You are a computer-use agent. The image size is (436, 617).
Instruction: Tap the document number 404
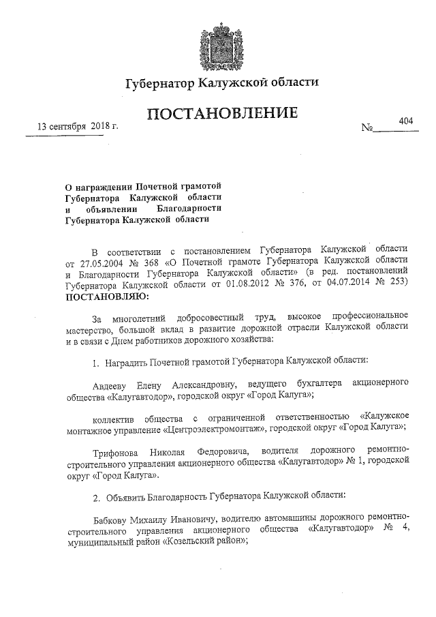point(406,121)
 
